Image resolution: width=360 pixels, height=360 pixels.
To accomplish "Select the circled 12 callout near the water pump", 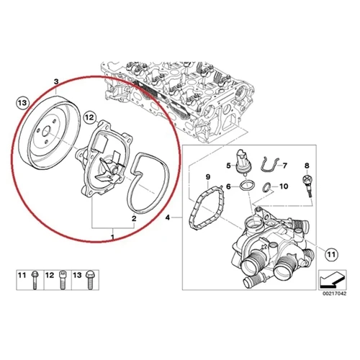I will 89,116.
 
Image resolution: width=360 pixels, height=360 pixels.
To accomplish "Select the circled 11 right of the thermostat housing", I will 330,253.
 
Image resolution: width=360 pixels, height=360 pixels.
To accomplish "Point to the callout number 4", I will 168,217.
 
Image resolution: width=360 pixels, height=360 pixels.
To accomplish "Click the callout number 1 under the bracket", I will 112,235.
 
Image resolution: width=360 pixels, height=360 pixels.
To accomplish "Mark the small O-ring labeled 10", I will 268,189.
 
